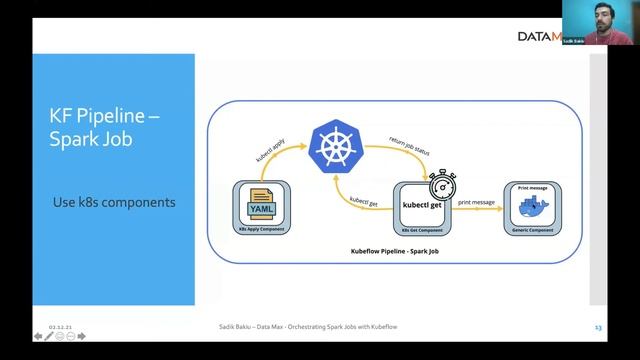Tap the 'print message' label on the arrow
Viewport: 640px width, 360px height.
click(476, 203)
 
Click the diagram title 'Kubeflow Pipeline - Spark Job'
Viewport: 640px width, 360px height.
click(395, 252)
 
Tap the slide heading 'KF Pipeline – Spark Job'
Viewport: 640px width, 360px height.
click(105, 128)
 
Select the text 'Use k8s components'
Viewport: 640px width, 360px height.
click(114, 202)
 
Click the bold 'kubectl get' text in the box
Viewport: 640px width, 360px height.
click(423, 205)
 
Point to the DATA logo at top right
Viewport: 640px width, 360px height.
click(538, 36)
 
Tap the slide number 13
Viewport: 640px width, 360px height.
click(598, 326)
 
